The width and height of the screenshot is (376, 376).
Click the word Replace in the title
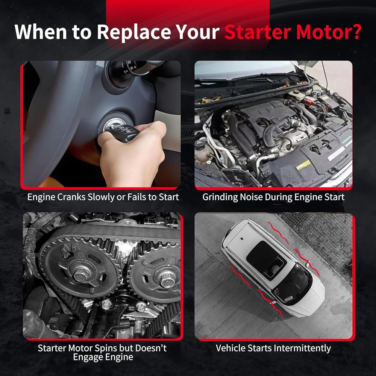point(134,32)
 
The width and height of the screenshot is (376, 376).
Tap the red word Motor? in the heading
point(329,32)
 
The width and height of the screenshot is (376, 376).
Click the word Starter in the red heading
point(258,32)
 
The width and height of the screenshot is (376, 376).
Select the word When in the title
point(41,32)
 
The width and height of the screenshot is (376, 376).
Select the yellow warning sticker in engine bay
point(303,165)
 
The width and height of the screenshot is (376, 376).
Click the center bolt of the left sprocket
point(82,273)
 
